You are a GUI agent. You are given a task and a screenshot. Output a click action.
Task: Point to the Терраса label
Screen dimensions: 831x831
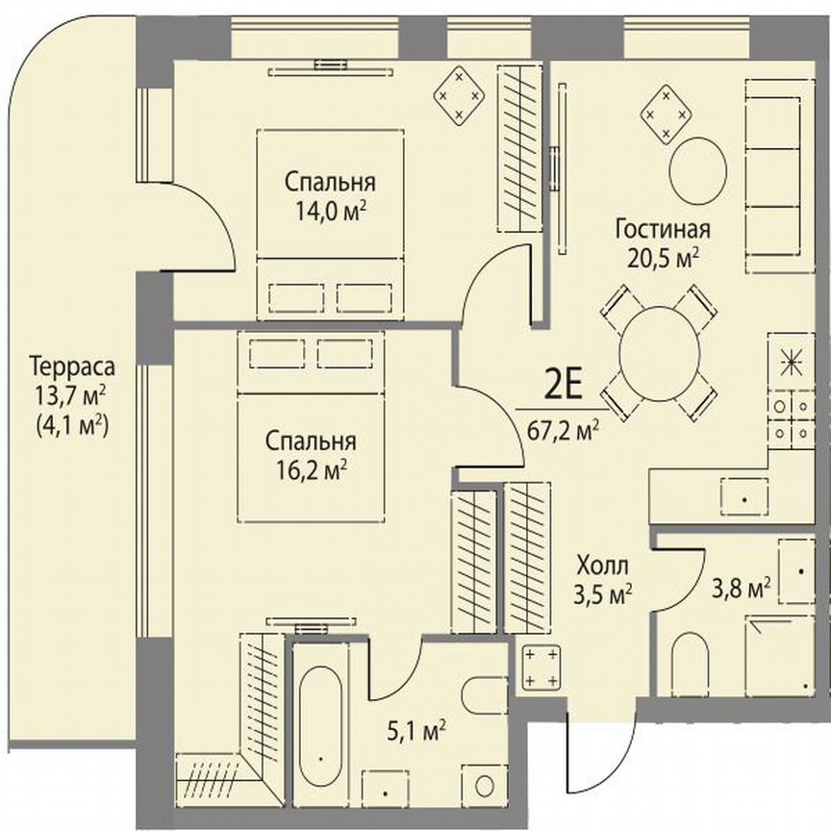71,366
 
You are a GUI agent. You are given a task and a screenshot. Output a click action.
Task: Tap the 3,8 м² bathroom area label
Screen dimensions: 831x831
750,587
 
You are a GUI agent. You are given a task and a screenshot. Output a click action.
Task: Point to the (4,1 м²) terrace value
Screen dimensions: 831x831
71,424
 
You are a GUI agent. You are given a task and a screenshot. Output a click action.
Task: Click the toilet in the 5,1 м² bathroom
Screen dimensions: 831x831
478,693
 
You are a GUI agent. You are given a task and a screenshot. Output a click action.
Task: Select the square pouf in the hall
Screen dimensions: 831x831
541,667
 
